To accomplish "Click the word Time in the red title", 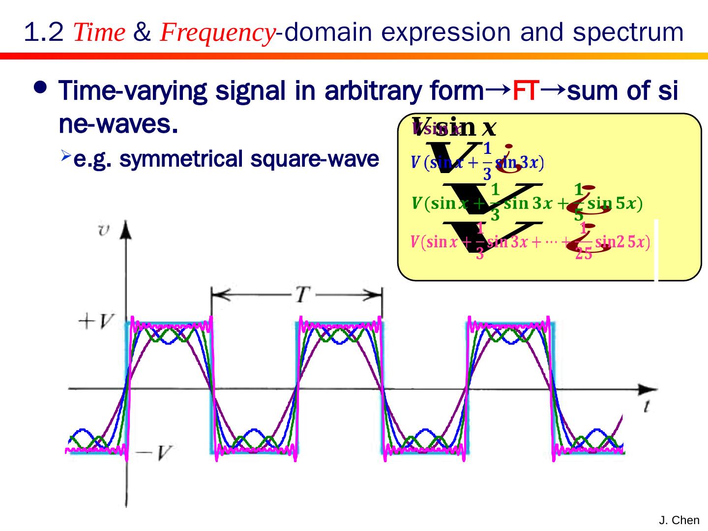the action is pyautogui.click(x=99, y=33).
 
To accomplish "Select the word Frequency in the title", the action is pyautogui.click(x=217, y=33).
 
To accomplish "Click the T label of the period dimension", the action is pyautogui.click(x=301, y=295).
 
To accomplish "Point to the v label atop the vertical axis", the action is pyautogui.click(x=104, y=230).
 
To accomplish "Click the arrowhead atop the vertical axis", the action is pyautogui.click(x=127, y=229).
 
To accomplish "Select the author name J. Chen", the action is pyautogui.click(x=679, y=520).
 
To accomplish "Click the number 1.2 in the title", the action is pyautogui.click(x=43, y=33).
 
